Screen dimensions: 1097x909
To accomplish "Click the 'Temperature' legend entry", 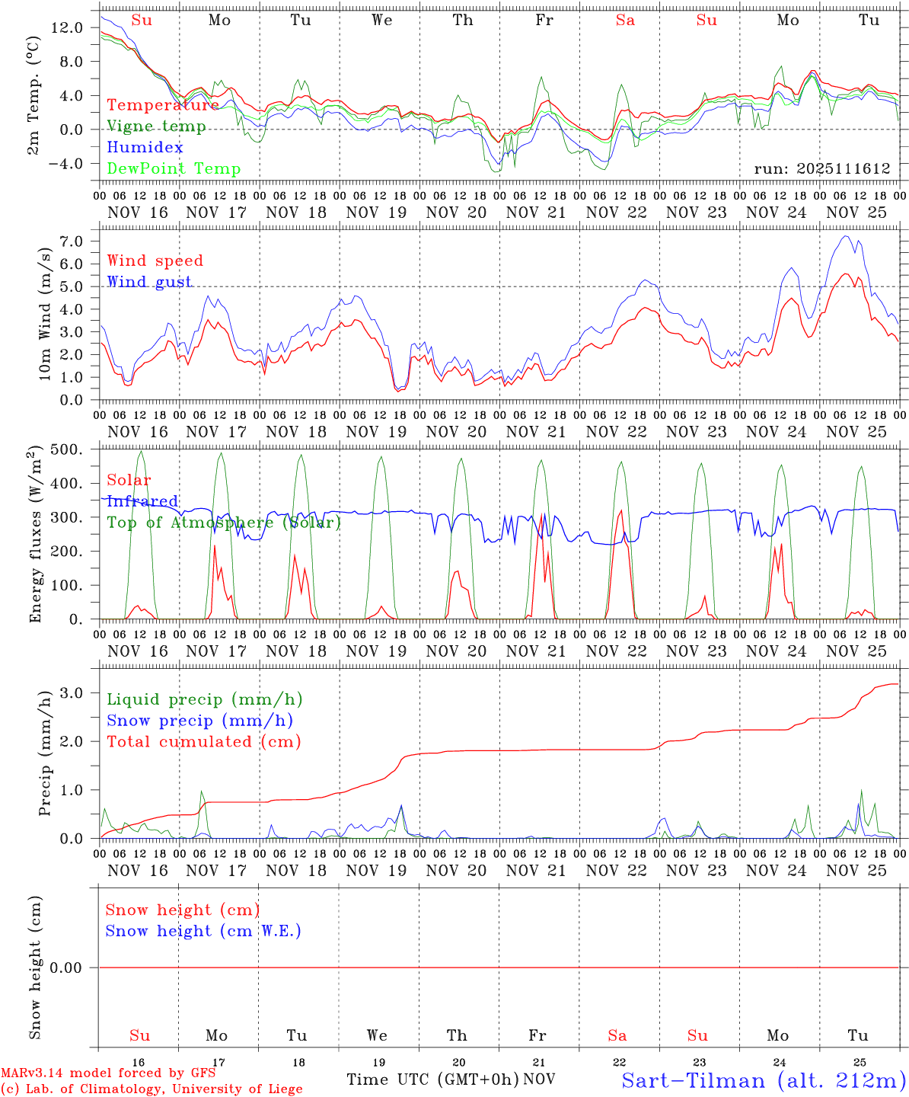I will [x=163, y=105].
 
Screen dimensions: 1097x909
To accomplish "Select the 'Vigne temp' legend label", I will [x=156, y=126].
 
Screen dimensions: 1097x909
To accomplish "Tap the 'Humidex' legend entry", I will [x=145, y=148].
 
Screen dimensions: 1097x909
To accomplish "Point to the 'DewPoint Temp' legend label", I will [x=174, y=169].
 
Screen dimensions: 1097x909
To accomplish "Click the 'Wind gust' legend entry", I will [x=149, y=282].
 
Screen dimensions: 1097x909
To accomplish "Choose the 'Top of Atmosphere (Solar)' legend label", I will [x=224, y=523].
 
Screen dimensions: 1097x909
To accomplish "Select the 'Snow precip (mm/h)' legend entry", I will [x=199, y=721].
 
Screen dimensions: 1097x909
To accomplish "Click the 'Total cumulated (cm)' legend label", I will [x=203, y=742].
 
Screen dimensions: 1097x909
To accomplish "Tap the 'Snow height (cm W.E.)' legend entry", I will [x=203, y=931].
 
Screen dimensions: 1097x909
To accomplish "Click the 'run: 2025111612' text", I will [x=821, y=169].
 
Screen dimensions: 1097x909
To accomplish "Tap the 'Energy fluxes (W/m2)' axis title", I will [x=36, y=536].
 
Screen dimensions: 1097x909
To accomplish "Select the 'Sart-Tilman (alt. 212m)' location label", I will [x=764, y=1080].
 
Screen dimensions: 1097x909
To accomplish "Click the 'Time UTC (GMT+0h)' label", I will [x=432, y=1079].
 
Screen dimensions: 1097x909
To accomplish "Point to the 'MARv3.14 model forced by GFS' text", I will [x=108, y=1073].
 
